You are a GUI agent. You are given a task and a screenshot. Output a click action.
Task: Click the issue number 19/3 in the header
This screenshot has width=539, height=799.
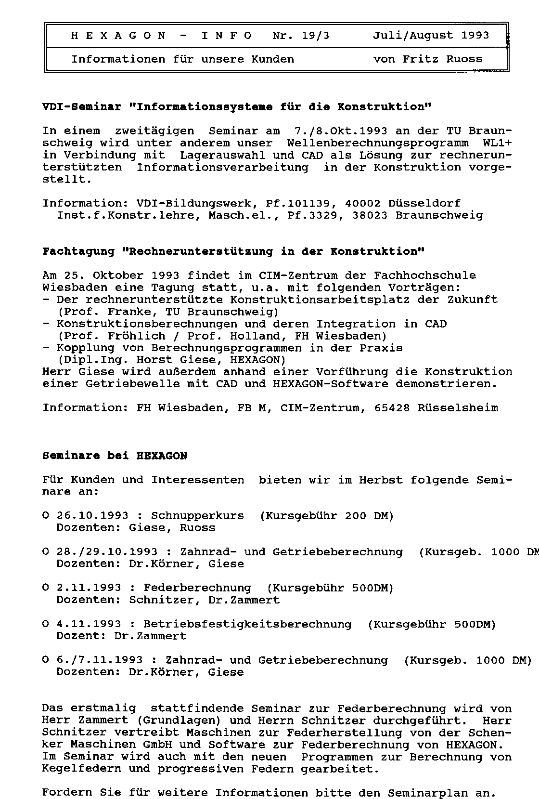pyautogui.click(x=315, y=36)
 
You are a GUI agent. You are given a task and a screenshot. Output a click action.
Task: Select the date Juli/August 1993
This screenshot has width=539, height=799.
pyautogui.click(x=431, y=36)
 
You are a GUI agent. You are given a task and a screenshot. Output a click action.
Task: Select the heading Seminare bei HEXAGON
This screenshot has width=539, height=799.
pyautogui.click(x=115, y=456)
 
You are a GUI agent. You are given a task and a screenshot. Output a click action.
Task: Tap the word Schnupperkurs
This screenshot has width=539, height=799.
pyautogui.click(x=197, y=516)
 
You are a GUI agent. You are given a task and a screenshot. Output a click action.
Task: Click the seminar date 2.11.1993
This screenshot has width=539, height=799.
pyautogui.click(x=89, y=588)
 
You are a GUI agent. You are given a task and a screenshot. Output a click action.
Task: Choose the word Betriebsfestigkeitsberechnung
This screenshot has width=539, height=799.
pyautogui.click(x=247, y=624)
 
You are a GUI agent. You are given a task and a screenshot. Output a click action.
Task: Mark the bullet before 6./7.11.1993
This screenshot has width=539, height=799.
pyautogui.click(x=46, y=660)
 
